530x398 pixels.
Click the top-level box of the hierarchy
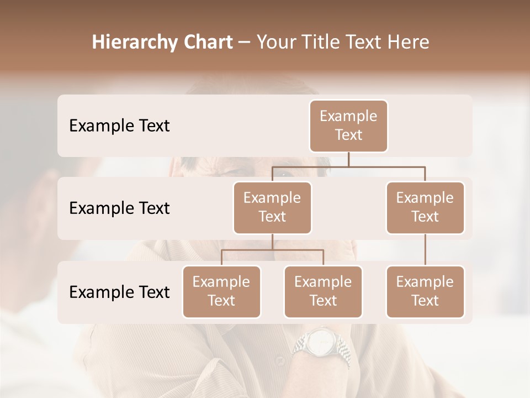(348, 125)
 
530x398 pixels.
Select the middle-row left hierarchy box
(272, 207)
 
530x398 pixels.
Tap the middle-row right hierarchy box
(425, 207)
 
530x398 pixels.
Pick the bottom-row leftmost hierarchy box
(221, 291)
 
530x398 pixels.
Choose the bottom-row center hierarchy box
(323, 291)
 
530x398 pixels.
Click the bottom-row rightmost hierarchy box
(425, 291)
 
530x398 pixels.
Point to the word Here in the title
(409, 42)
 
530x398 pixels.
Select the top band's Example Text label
(119, 125)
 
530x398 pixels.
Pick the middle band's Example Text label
(119, 208)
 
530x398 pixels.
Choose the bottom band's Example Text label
(119, 292)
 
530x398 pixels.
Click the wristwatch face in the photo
(319, 343)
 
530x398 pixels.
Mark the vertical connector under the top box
(348, 159)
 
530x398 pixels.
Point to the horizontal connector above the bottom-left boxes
(272, 250)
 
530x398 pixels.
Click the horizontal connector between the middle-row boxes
(348, 166)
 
